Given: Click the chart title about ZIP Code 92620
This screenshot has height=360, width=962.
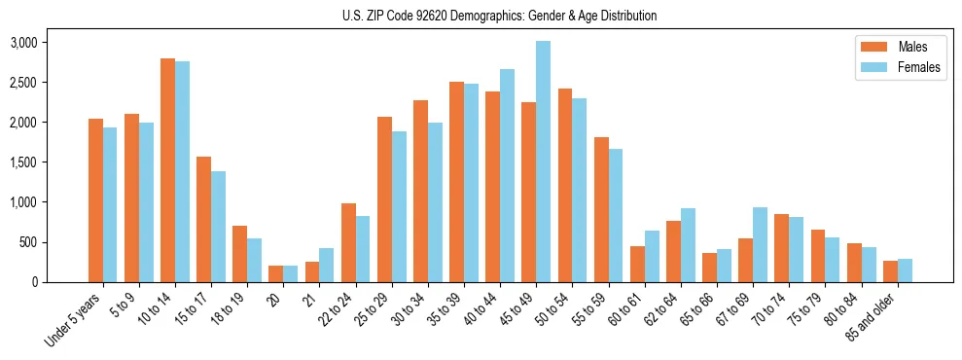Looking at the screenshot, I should click(x=499, y=16).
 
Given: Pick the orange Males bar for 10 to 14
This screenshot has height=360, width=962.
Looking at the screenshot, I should click(x=167, y=170).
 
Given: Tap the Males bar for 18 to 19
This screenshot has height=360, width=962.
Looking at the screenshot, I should click(x=240, y=254).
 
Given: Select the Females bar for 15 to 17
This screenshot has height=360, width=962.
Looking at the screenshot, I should click(x=219, y=227).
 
